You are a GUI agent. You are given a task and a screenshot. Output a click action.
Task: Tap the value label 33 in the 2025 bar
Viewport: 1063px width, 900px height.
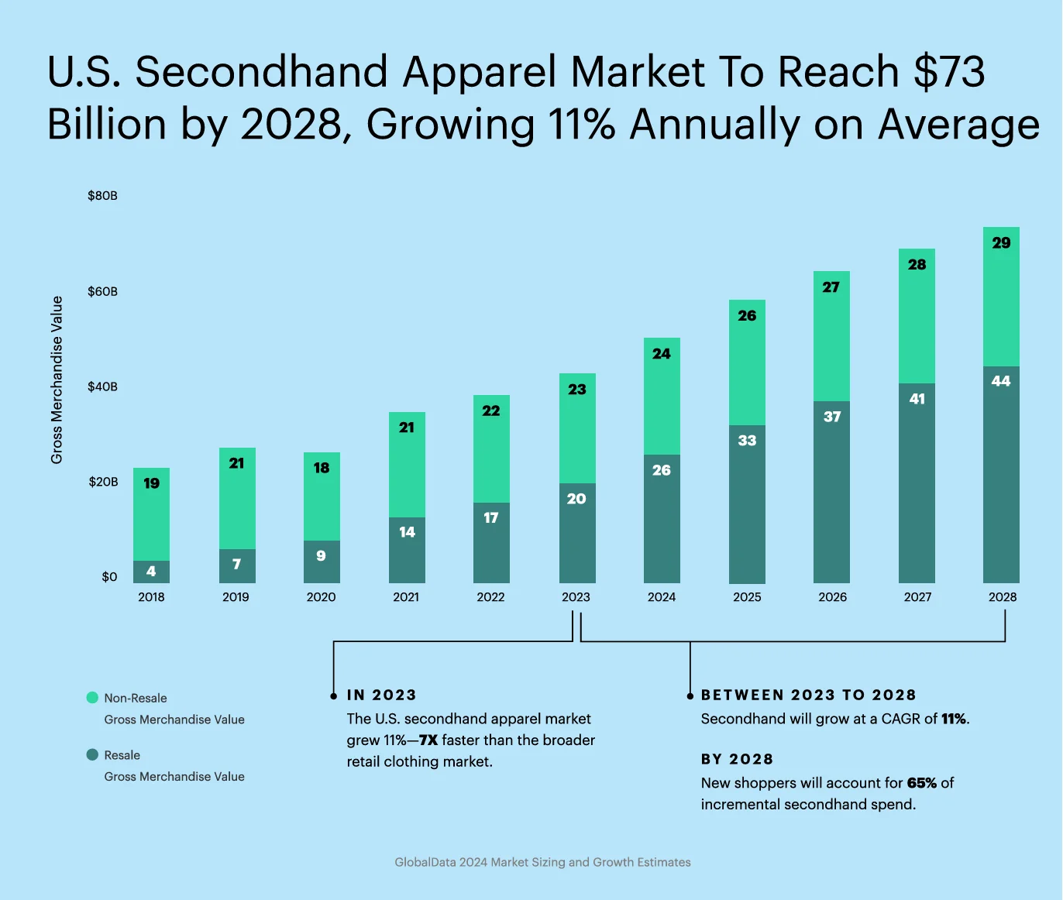tap(747, 441)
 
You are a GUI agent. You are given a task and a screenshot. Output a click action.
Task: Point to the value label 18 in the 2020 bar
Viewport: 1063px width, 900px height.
tap(322, 468)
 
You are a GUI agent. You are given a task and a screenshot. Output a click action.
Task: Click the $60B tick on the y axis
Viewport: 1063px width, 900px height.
tap(102, 291)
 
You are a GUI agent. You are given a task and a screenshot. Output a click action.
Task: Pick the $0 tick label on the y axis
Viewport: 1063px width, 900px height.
tap(109, 577)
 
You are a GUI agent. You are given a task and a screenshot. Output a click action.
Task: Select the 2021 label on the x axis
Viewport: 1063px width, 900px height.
tap(406, 597)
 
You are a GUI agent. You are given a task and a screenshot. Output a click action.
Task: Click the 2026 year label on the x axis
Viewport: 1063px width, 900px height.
tap(832, 597)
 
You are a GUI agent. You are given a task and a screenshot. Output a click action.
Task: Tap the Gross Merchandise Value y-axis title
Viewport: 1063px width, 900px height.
tap(57, 380)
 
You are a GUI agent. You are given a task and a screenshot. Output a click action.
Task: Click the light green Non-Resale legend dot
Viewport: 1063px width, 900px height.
tap(92, 698)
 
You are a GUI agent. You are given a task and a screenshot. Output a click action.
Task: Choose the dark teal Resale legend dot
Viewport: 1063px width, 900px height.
tap(92, 754)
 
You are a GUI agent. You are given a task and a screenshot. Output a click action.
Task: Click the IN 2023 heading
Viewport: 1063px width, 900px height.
tap(381, 695)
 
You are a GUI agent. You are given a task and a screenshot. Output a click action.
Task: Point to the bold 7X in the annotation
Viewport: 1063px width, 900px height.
tap(428, 740)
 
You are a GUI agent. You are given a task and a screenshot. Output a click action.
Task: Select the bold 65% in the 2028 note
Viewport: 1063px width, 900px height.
tap(921, 783)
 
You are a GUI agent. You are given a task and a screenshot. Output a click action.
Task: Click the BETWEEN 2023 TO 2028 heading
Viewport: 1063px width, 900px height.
tap(808, 695)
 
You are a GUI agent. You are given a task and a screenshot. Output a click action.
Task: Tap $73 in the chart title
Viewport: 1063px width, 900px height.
tap(949, 72)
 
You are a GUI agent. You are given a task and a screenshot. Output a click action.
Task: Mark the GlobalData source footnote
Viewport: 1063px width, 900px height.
tap(542, 862)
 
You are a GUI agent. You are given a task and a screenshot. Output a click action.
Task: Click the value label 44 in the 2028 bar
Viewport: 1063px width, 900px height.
tap(1001, 381)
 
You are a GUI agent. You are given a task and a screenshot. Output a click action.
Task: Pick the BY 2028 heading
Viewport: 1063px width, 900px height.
tap(737, 759)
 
